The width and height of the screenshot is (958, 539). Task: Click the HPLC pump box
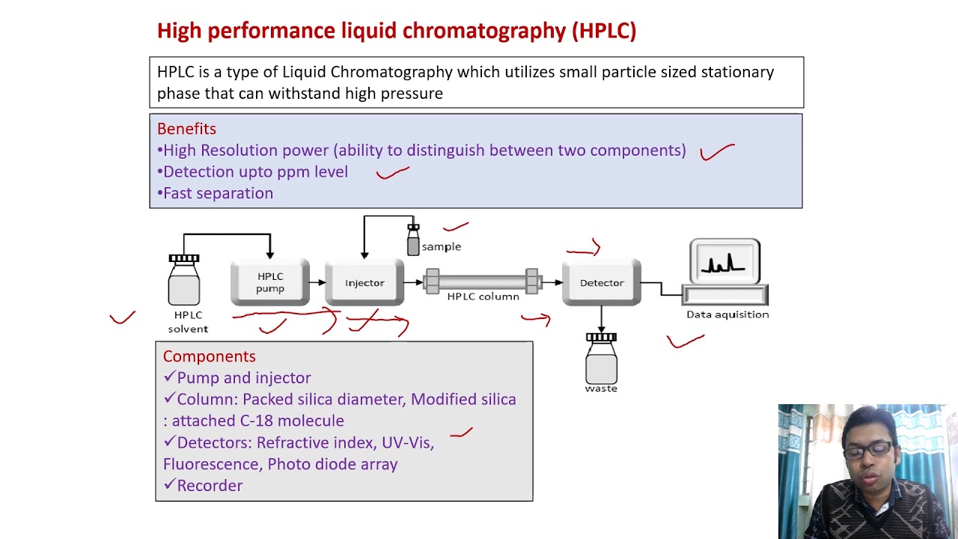(x=270, y=282)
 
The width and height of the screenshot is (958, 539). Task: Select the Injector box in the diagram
(x=364, y=282)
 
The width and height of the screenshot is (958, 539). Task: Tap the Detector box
(x=602, y=282)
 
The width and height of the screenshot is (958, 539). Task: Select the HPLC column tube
(x=482, y=282)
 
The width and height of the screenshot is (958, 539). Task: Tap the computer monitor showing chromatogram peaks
(x=724, y=263)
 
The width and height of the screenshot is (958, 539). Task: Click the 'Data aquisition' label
(x=727, y=314)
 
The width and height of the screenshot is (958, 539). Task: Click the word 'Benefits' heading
(x=186, y=129)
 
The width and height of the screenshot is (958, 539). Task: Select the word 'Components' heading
(x=209, y=356)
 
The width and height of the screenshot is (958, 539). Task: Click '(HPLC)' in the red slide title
(x=604, y=31)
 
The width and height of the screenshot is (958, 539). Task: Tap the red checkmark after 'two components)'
(x=716, y=152)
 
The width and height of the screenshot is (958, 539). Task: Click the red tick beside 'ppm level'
(x=392, y=173)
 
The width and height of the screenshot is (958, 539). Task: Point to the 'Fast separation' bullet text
(x=218, y=193)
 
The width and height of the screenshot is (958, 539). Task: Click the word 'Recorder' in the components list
(x=210, y=486)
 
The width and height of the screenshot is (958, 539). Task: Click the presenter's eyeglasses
(x=869, y=450)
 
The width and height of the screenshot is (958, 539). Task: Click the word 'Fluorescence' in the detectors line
(x=213, y=464)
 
